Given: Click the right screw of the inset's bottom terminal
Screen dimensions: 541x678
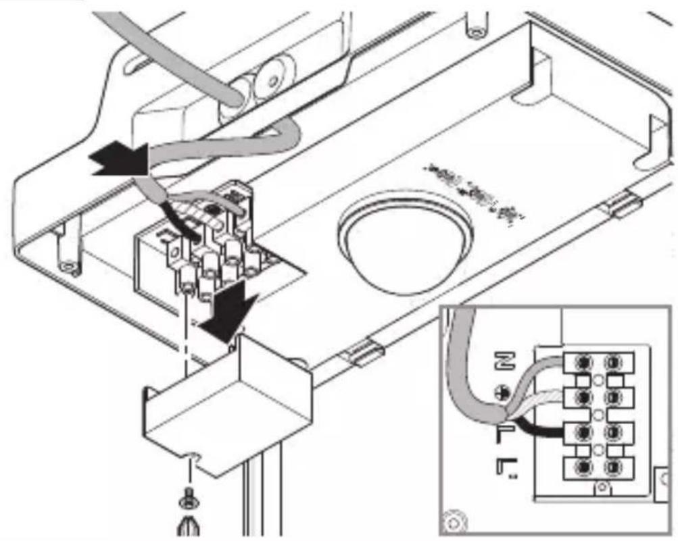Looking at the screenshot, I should [x=613, y=466].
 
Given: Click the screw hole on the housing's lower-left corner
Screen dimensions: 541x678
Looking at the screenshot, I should [x=68, y=265].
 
